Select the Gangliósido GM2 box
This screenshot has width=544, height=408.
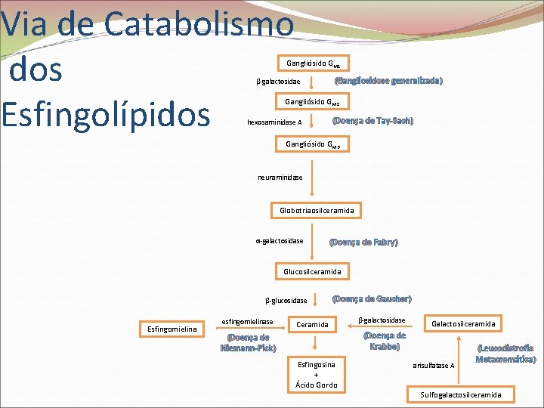[x=313, y=102]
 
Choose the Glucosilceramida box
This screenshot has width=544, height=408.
[x=312, y=271]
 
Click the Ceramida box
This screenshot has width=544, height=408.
[x=312, y=325]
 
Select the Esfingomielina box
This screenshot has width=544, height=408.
[x=172, y=329]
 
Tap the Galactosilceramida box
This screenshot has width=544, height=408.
[x=463, y=324]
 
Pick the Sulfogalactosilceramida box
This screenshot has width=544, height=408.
[x=461, y=394]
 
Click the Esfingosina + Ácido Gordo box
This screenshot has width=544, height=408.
[x=316, y=374]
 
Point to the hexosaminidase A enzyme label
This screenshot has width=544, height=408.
[x=274, y=122]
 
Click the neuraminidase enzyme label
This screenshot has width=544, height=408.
[x=280, y=178]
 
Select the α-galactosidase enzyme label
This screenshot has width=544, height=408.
[x=280, y=241]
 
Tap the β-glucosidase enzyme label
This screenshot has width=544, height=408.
[x=286, y=301]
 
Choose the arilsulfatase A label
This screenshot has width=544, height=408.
[x=434, y=366]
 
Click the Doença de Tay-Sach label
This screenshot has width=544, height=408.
[x=372, y=121]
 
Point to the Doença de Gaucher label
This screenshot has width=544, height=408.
[x=372, y=299]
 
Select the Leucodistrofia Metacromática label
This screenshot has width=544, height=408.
[x=505, y=354]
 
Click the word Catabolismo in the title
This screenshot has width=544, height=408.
[x=198, y=23]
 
